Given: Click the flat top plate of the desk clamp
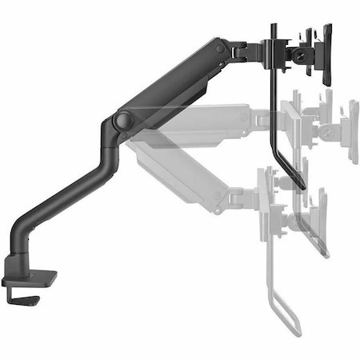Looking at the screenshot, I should [x=30, y=280].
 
